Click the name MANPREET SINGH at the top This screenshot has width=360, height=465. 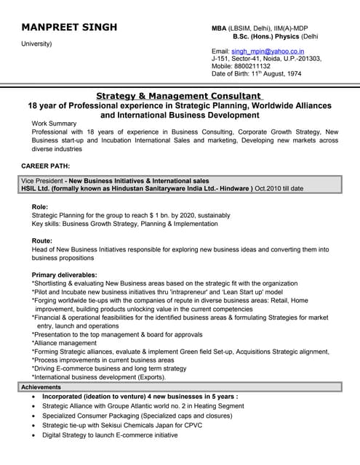[x=69, y=28]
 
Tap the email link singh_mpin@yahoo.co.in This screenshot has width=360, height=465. [x=264, y=52]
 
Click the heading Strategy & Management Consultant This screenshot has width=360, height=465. [x=179, y=96]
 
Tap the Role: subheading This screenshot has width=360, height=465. [x=41, y=207]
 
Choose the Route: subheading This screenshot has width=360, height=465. [x=42, y=240]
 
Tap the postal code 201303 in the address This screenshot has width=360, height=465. [x=308, y=59]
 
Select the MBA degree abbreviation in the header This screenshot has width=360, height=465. [x=220, y=28]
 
